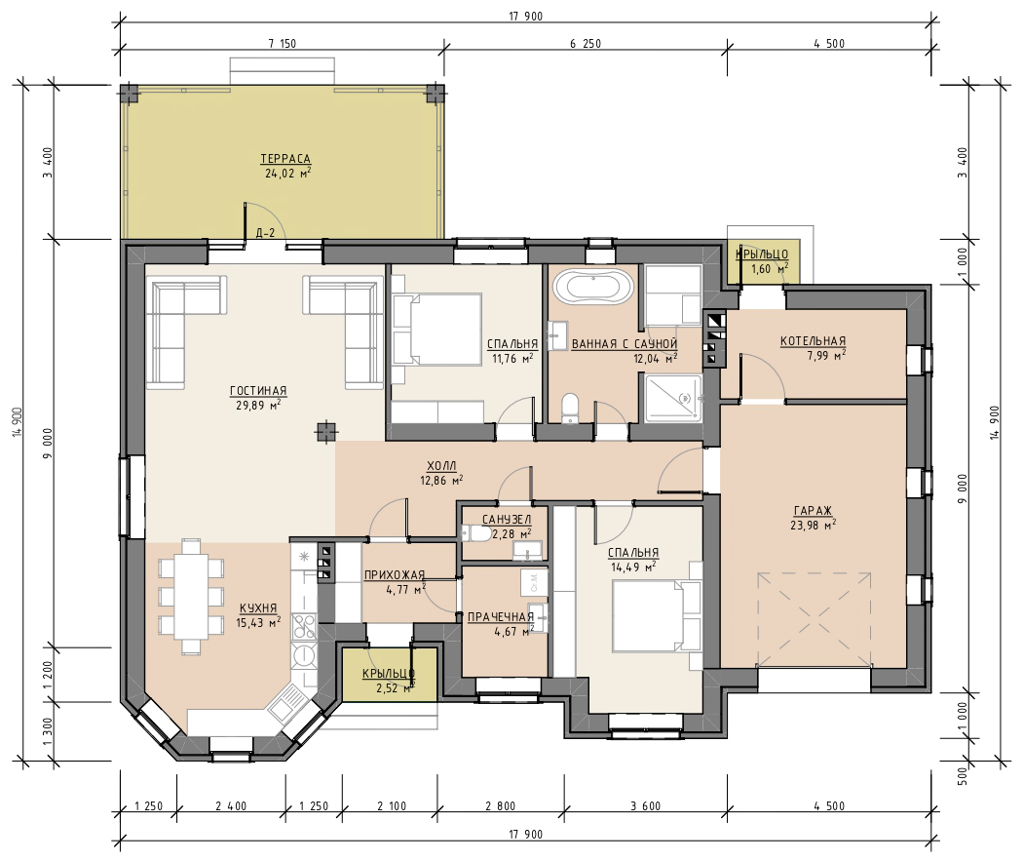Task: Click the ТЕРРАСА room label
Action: [285, 159]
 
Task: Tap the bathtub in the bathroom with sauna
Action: [593, 287]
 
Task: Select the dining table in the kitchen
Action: [191, 596]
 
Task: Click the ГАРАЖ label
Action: [813, 511]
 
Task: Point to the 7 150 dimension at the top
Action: [282, 44]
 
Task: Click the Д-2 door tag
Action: [265, 233]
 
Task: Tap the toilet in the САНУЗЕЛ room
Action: [476, 534]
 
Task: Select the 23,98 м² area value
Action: [813, 525]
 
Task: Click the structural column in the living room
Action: [324, 432]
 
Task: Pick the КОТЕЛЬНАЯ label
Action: [813, 340]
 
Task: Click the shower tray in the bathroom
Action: [673, 398]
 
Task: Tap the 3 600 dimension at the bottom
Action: [645, 806]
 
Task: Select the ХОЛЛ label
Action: [441, 466]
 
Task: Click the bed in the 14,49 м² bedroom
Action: [657, 617]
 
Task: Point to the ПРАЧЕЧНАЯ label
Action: [501, 617]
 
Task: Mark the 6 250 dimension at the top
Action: [586, 44]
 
